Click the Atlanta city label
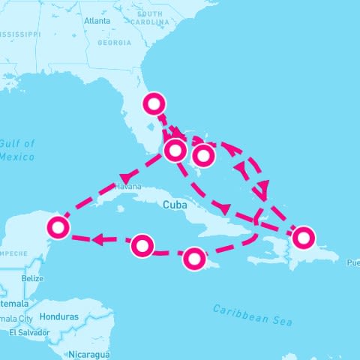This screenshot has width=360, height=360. (97, 21)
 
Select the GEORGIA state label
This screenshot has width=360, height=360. (115, 43)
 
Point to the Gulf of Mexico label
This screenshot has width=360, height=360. (17, 150)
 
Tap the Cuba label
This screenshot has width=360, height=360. (172, 203)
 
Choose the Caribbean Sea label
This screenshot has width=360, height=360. (252, 313)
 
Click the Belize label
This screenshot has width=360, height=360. (32, 278)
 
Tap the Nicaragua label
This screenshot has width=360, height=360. (88, 353)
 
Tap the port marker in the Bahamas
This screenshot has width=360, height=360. (203, 155)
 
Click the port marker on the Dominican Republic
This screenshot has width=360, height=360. (303, 237)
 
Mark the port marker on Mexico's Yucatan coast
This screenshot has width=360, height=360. (58, 226)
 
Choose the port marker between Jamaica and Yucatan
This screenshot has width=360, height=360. (142, 245)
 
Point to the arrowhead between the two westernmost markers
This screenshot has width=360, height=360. (97, 240)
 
